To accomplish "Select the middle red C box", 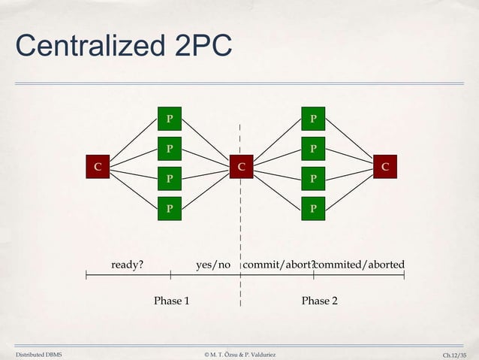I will [x=241, y=167].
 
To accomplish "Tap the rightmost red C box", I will [x=384, y=167].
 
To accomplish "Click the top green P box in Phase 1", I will [x=170, y=119].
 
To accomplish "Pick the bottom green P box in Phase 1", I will [x=170, y=207].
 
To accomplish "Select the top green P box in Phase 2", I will [x=313, y=119].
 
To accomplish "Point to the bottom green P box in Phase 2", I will [x=313, y=207].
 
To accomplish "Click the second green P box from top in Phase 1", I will [x=170, y=149].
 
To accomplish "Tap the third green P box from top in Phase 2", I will [x=313, y=179].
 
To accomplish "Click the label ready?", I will [x=128, y=265].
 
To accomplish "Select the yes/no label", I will [x=213, y=265].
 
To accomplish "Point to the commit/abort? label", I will [x=279, y=265].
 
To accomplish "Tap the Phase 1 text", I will [x=171, y=301].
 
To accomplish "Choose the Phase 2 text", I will [x=319, y=301].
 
